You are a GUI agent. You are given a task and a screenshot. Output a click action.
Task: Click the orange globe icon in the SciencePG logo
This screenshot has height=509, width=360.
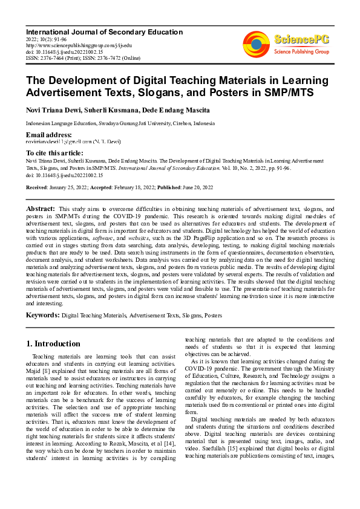pyautogui.click(x=256, y=43)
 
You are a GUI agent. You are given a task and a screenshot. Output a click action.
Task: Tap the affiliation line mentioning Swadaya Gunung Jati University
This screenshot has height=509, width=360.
pyautogui.click(x=120, y=123)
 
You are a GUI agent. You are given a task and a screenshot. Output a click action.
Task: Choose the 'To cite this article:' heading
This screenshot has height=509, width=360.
pyautogui.click(x=54, y=153)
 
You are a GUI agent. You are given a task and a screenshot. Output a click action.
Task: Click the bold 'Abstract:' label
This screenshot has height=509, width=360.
pyautogui.click(x=41, y=209)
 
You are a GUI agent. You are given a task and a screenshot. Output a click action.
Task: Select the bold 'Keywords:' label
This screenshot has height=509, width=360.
pyautogui.click(x=42, y=315)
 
